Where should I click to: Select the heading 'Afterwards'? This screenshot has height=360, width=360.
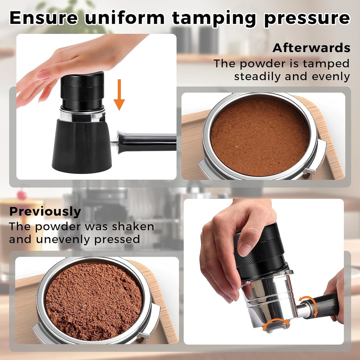point(311,48)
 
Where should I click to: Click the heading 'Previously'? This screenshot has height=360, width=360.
point(45,212)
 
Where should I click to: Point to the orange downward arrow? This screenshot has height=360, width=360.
point(119,95)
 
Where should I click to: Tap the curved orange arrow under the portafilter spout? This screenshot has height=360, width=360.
point(276,323)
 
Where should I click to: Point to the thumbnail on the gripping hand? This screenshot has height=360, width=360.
point(245,250)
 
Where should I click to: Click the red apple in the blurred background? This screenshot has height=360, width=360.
point(22,194)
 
